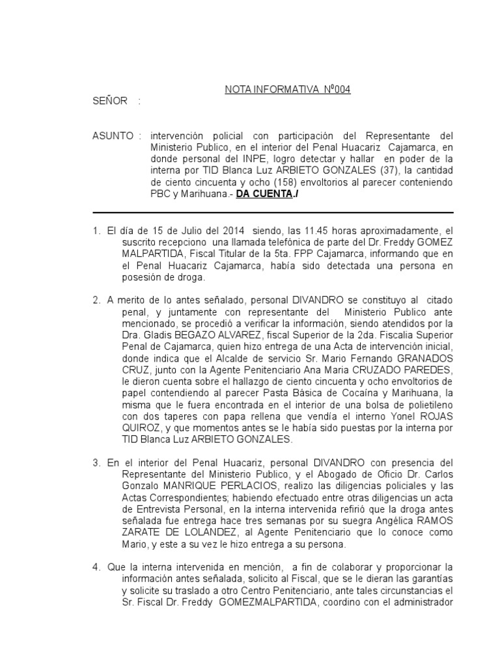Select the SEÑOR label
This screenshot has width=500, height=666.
point(110,101)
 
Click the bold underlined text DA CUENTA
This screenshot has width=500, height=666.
point(264,194)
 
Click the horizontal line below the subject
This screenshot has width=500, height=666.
point(273,213)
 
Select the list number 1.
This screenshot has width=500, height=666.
point(96,230)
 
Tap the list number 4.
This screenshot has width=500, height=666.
point(96,567)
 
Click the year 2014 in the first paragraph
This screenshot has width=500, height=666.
point(232,230)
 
